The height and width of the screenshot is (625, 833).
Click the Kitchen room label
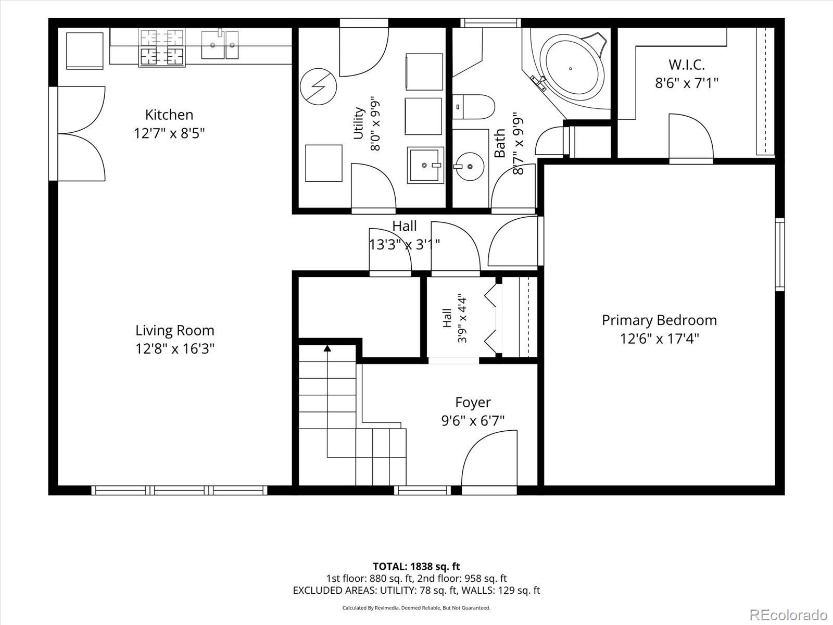tap(169, 115)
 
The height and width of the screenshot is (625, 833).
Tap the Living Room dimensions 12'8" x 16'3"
tap(175, 348)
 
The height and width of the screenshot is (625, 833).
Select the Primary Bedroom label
tap(659, 321)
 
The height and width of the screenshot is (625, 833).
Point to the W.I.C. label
tap(687, 65)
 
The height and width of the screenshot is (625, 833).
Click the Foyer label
tap(473, 403)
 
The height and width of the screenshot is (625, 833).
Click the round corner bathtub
tap(572, 70)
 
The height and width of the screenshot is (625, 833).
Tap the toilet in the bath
tap(474, 107)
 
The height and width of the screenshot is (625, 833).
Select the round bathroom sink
tap(470, 167)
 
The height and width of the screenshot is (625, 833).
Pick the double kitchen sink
tap(220, 45)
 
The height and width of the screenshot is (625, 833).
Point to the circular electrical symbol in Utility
tap(319, 87)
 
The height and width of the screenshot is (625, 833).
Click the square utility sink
tap(425, 165)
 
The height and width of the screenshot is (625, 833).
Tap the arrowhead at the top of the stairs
tap(327, 348)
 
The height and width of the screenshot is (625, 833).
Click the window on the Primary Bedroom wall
tap(780, 255)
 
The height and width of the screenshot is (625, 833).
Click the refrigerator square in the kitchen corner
tap(85, 51)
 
